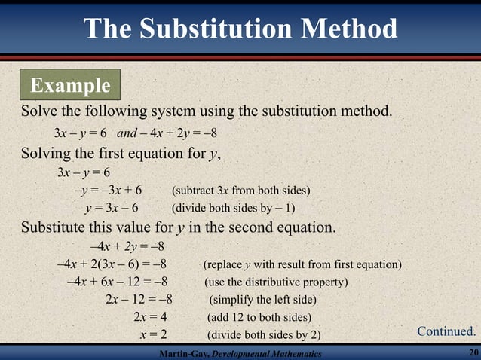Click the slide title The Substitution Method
[240, 29]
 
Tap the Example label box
[70, 85]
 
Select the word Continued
[446, 331]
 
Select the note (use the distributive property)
[276, 282]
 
